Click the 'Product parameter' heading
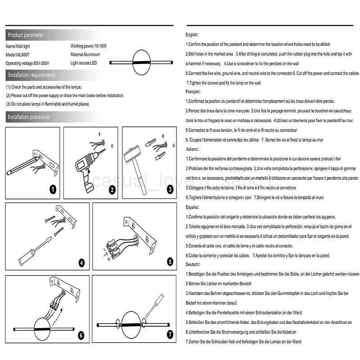pyautogui.click(x=26, y=35)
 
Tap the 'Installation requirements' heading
pyautogui.click(x=31, y=75)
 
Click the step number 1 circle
pyautogui.click(x=53, y=189)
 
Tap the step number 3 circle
pyautogui.click(x=170, y=189)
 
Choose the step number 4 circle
pyautogui.click(x=81, y=263)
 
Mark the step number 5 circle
pyautogui.click(x=170, y=261)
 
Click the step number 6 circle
pyautogui.click(x=81, y=335)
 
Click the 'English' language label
pyautogui.click(x=192, y=35)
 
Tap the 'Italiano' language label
pyautogui.click(x=193, y=149)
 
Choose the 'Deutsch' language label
pyautogui.click(x=193, y=264)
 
